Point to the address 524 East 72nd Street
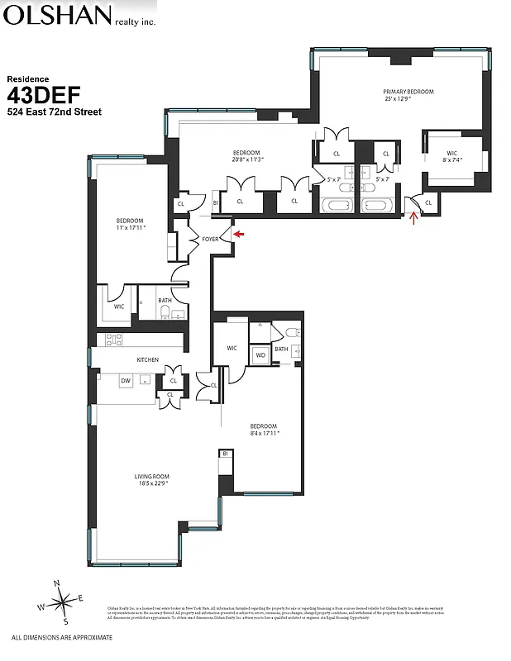tap(54, 112)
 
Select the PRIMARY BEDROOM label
tap(408, 92)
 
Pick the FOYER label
tap(210, 239)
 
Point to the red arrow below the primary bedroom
tap(414, 217)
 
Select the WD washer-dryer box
tap(260, 356)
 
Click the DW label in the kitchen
tap(125, 381)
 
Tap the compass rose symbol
tap(60, 603)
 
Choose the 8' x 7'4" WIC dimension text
tap(451, 160)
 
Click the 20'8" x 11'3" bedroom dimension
tap(246, 160)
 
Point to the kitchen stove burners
tap(113, 339)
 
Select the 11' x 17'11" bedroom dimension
tap(130, 228)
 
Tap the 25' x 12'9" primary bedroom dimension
tap(408, 99)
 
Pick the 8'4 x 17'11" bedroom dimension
tap(265, 433)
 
